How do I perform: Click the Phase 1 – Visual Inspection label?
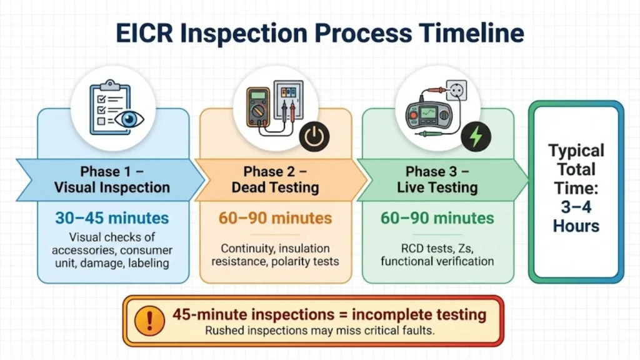[112, 179]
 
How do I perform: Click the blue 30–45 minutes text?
[112, 218]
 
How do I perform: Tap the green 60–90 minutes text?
[437, 218]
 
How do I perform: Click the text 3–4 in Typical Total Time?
[576, 206]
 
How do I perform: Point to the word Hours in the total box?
[576, 226]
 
